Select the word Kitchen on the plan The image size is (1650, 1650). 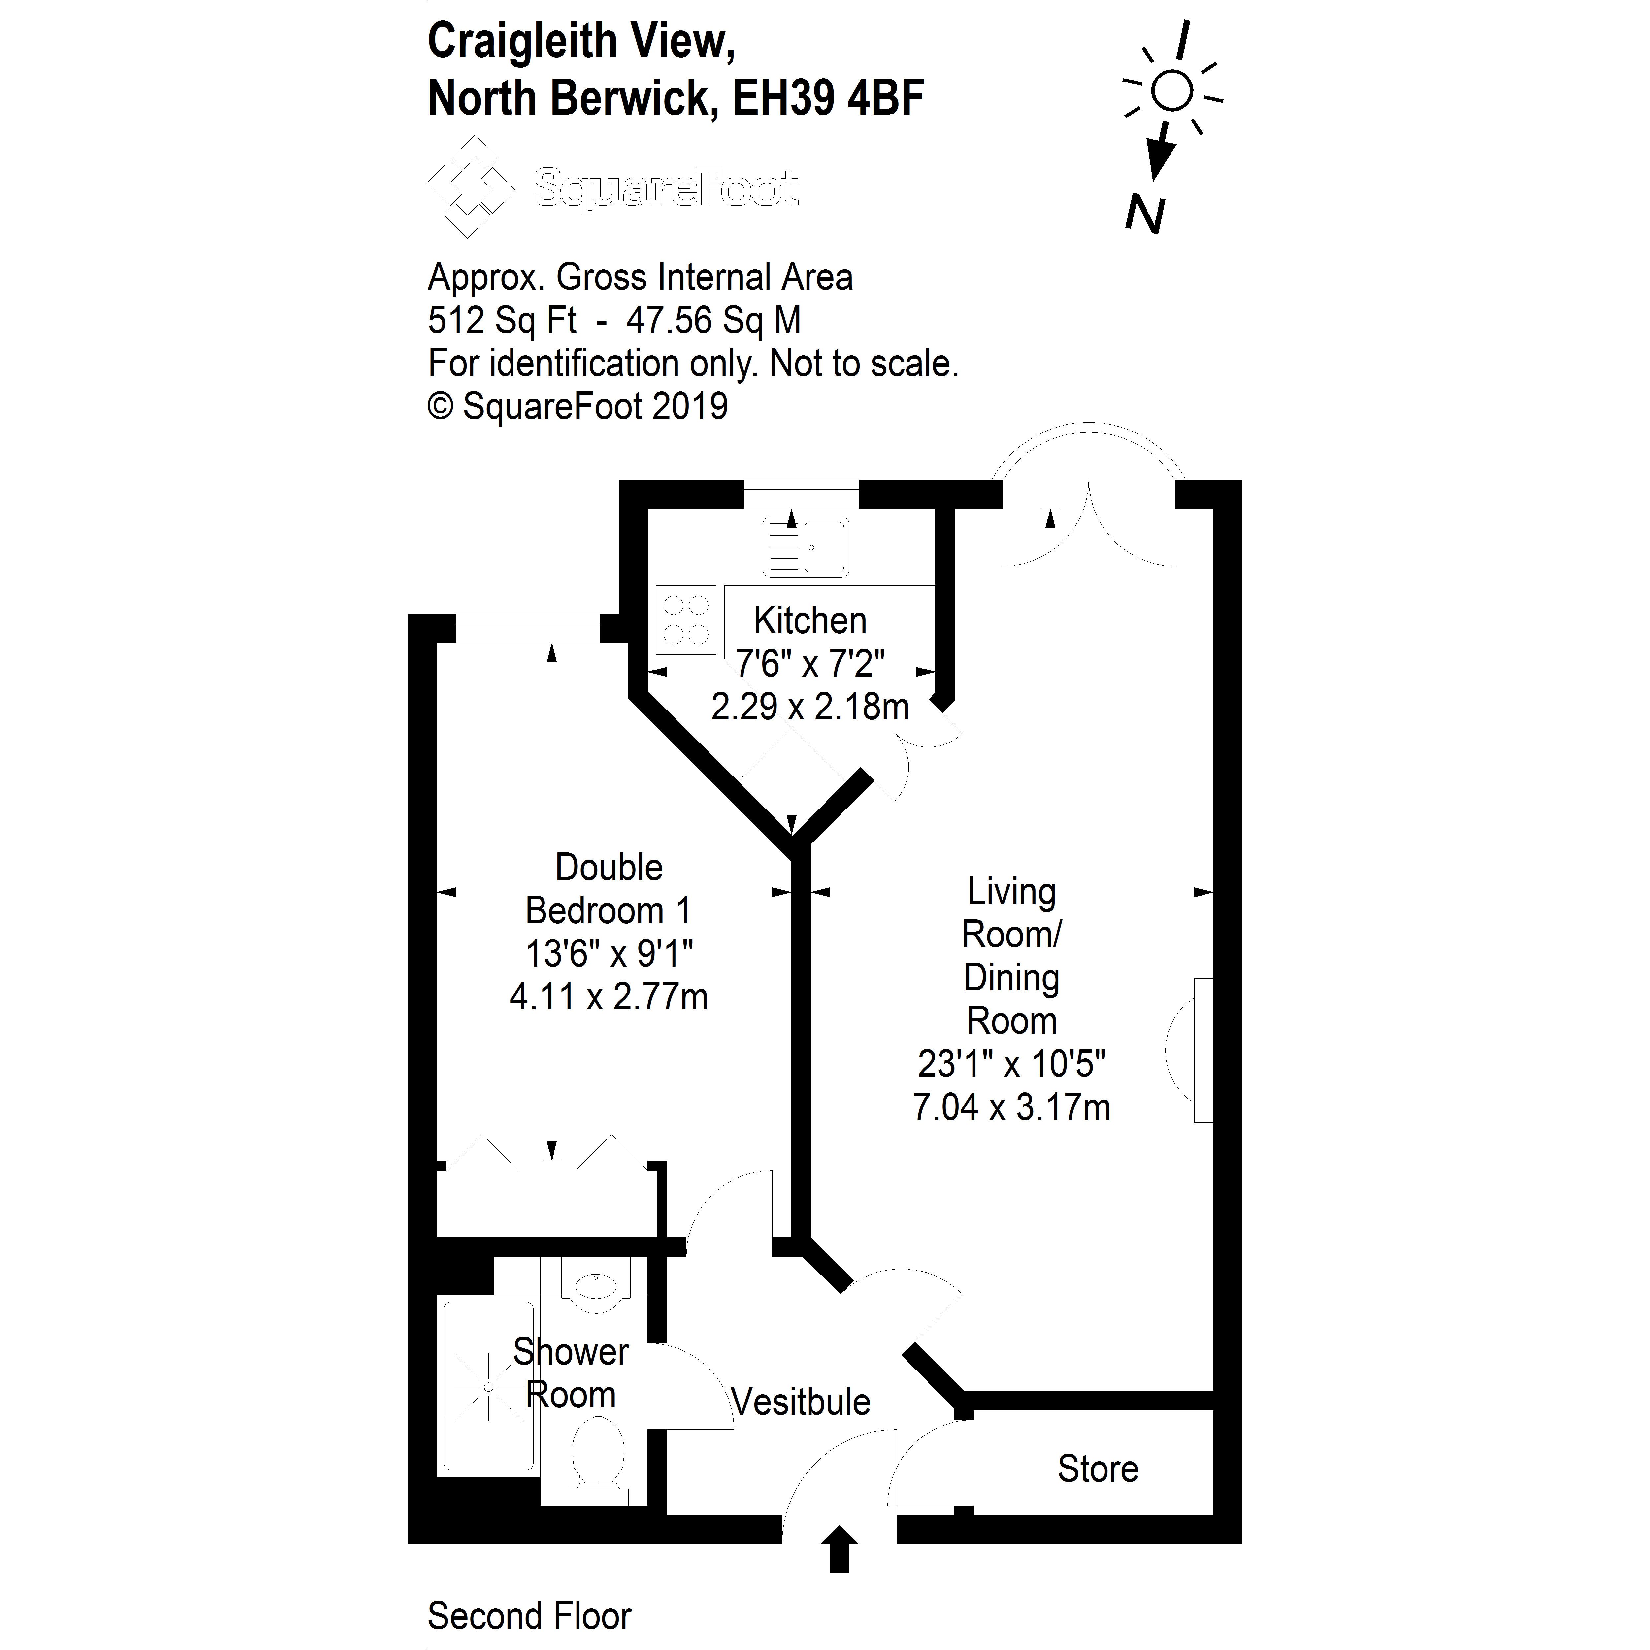(809, 621)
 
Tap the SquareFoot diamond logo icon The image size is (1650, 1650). (471, 186)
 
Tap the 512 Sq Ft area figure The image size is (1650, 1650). (502, 320)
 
